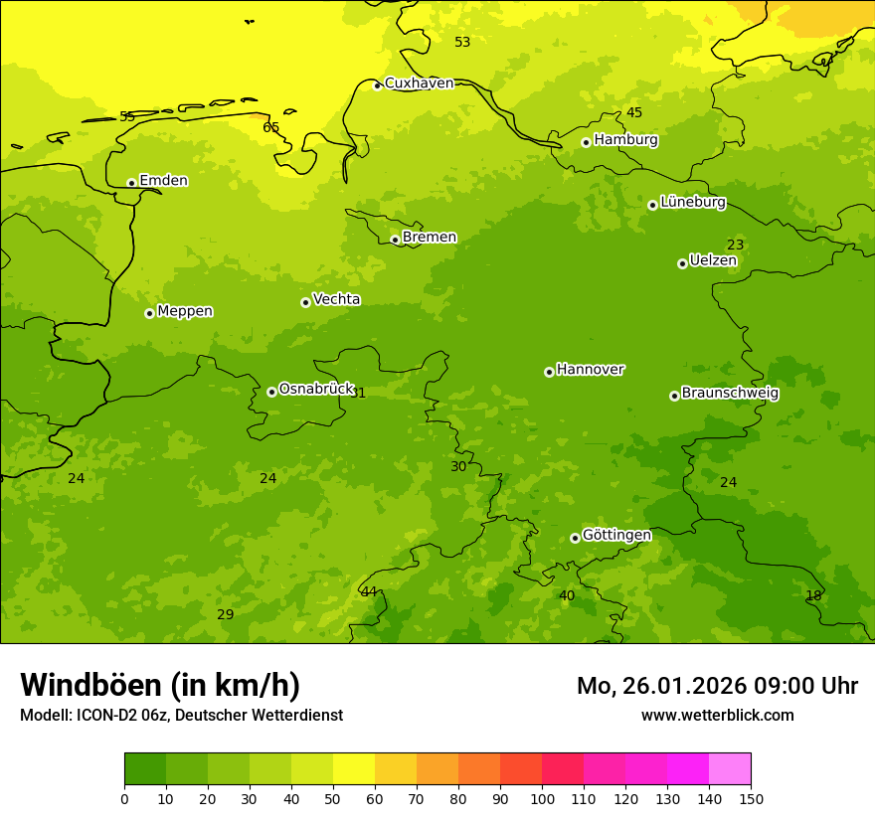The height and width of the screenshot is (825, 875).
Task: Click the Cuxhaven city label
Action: click(x=419, y=83)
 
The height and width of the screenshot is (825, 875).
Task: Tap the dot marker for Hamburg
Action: click(x=586, y=142)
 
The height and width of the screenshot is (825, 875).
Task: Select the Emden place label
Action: click(x=163, y=181)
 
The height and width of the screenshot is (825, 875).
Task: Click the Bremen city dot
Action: click(x=395, y=240)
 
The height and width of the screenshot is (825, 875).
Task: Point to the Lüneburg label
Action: click(x=693, y=202)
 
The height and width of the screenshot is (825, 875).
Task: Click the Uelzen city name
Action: click(x=713, y=261)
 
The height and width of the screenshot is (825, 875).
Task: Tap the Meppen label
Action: click(x=185, y=311)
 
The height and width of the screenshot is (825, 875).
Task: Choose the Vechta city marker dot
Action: click(x=305, y=302)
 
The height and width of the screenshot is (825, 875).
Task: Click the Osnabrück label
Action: click(x=316, y=389)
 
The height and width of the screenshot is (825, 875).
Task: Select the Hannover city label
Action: click(x=590, y=370)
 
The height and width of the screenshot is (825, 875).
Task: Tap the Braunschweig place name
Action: click(x=730, y=393)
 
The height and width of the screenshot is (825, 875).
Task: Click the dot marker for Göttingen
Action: click(x=575, y=538)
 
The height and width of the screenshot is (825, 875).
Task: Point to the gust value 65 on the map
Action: click(x=271, y=127)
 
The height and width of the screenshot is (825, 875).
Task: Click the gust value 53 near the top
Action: click(x=462, y=42)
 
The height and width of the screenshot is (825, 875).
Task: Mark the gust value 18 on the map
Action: click(x=813, y=595)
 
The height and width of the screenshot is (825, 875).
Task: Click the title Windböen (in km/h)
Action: click(x=160, y=685)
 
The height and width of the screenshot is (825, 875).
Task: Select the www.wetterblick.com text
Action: click(x=717, y=715)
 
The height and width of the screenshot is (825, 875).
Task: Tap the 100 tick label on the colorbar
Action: click(x=542, y=798)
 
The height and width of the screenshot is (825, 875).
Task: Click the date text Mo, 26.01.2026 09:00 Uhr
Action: click(x=717, y=686)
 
